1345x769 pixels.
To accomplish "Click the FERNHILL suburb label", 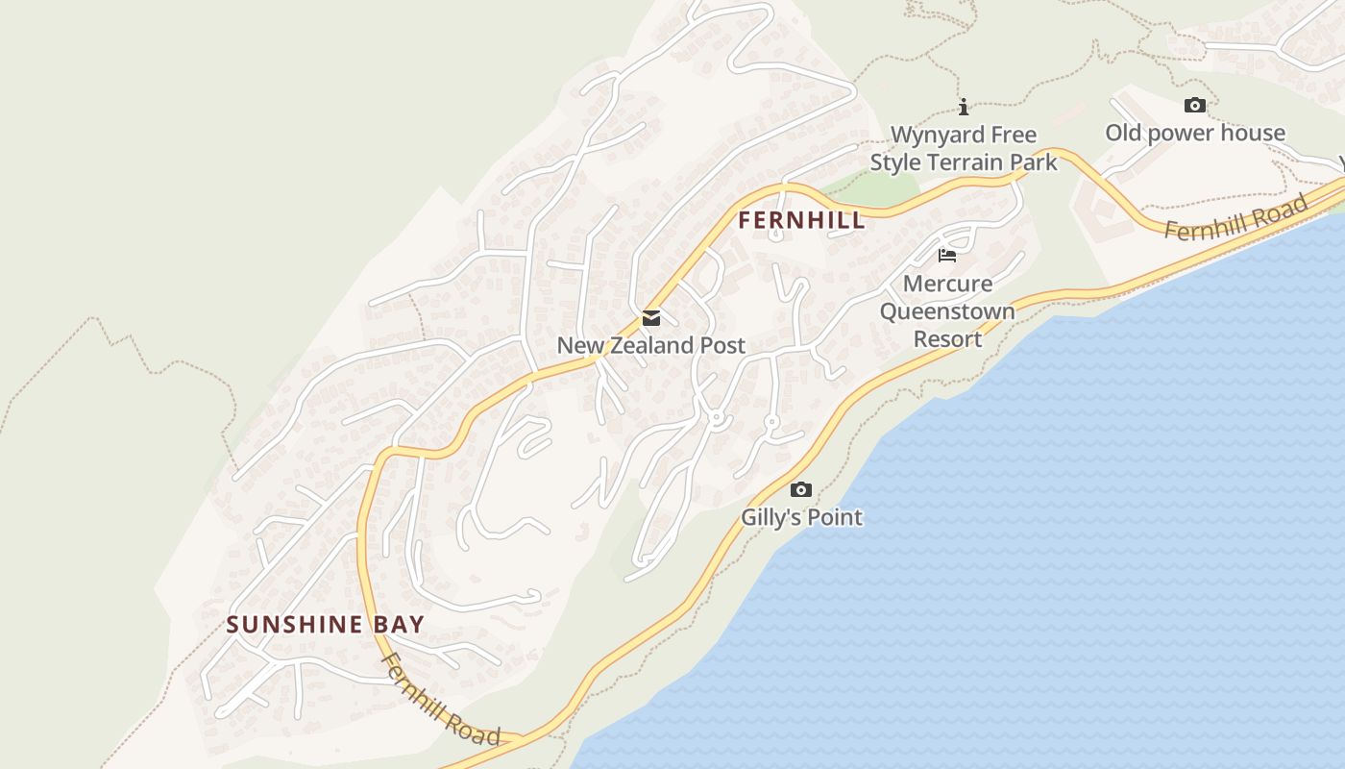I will click(x=801, y=220).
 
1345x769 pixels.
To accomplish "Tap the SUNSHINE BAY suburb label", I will click(x=325, y=625).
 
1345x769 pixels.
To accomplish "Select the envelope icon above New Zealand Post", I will click(x=651, y=318).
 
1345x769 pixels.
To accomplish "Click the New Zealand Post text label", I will click(x=650, y=345).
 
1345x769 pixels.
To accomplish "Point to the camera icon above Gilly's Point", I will click(x=800, y=490).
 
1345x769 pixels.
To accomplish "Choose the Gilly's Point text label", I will click(x=801, y=517).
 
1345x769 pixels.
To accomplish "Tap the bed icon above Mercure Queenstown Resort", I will click(x=947, y=256).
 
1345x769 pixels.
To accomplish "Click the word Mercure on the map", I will click(x=947, y=284).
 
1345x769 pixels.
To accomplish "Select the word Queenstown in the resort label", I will click(x=947, y=311).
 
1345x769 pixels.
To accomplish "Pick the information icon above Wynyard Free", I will click(x=964, y=107).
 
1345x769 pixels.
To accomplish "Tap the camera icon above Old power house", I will click(x=1194, y=106).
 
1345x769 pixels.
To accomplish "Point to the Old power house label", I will click(x=1194, y=133).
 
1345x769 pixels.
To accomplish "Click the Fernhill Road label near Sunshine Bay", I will click(x=441, y=700).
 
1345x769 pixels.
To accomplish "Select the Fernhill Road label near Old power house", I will click(x=1236, y=217).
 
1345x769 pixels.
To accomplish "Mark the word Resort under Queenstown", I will click(x=947, y=339).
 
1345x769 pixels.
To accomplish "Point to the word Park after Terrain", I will click(x=1034, y=162).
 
